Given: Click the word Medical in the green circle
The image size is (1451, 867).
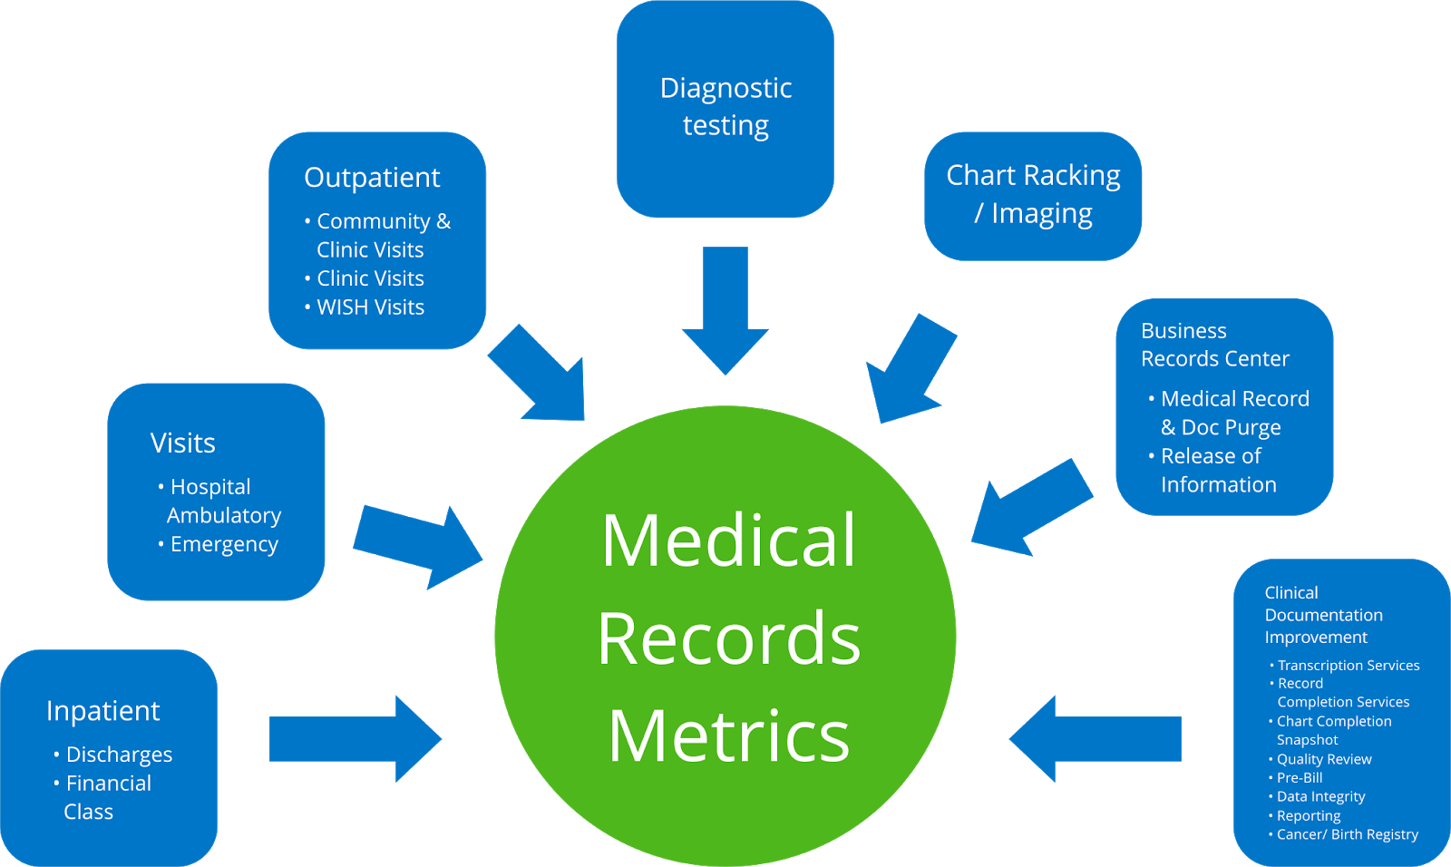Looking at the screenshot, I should pyautogui.click(x=728, y=541).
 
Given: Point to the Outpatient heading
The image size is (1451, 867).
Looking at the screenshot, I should pyautogui.click(x=372, y=178).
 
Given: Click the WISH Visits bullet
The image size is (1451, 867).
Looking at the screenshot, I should pyautogui.click(x=370, y=307).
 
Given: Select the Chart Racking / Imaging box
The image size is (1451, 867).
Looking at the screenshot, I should pyautogui.click(x=1033, y=195).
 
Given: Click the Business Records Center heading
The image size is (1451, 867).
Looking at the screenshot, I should pyautogui.click(x=1213, y=345).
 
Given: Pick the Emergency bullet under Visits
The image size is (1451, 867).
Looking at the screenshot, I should pyautogui.click(x=224, y=544).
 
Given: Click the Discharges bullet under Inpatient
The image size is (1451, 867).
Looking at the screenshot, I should pyautogui.click(x=119, y=755).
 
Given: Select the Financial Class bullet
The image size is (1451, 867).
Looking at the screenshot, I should pyautogui.click(x=107, y=796).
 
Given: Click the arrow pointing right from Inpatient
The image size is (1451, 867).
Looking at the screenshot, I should pyautogui.click(x=354, y=738).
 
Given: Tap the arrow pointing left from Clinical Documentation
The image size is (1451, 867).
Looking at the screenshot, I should pyautogui.click(x=1097, y=738).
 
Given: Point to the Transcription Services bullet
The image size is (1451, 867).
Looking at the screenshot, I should pyautogui.click(x=1348, y=666).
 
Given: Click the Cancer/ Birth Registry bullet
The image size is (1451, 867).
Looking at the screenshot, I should pyautogui.click(x=1347, y=834).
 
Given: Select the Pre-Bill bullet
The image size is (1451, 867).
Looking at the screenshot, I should pyautogui.click(x=1300, y=778).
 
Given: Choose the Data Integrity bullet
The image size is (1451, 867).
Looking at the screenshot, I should pyautogui.click(x=1320, y=797).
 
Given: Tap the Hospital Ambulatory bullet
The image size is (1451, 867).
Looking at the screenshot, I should pyautogui.click(x=222, y=501).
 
